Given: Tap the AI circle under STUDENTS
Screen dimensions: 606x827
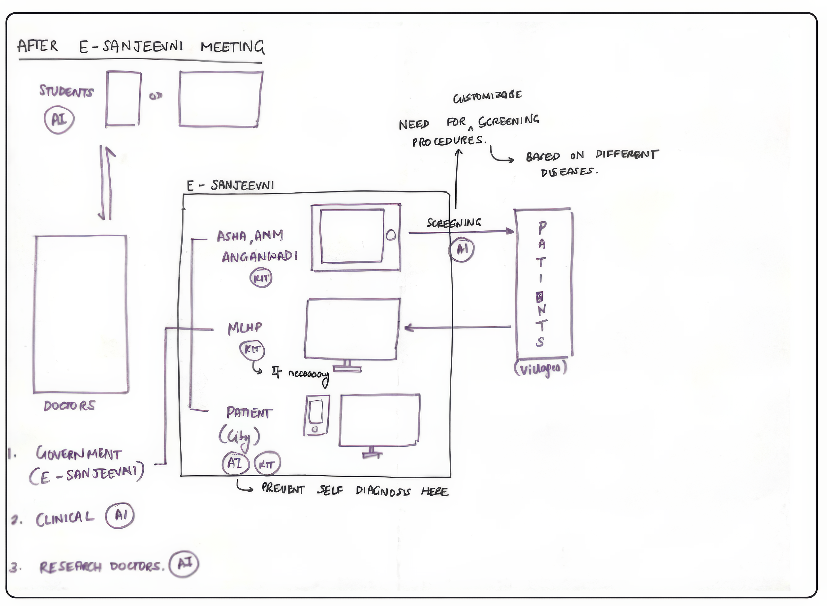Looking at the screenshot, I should point(59,120).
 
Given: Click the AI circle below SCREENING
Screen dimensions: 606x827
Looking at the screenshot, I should point(462,249).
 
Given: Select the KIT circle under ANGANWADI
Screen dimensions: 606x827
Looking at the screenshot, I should point(261,278).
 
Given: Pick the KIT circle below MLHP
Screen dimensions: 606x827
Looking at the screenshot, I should point(252,349).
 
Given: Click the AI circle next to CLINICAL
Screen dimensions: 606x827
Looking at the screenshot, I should point(120,516).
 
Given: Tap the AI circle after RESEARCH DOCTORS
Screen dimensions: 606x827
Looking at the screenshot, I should point(184,564).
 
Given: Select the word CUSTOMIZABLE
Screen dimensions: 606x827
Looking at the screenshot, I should point(487,96).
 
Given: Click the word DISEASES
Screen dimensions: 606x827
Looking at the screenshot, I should point(569,172).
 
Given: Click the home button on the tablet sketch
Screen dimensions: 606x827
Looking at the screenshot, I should point(391,235).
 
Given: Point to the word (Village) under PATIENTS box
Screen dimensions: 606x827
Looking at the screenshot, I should point(541,368).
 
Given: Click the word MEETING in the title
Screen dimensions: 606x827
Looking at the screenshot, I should point(232,47).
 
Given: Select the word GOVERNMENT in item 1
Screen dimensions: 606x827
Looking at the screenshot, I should point(78,454).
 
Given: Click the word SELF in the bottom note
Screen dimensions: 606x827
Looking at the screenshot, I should point(330,490).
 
